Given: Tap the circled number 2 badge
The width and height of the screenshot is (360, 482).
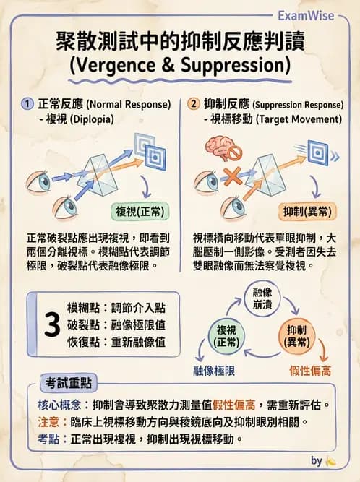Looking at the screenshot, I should (x=193, y=103).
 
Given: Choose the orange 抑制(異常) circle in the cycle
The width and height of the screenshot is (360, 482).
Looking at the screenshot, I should (x=297, y=335).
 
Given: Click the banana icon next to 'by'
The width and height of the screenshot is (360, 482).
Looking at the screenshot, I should (x=331, y=460).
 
